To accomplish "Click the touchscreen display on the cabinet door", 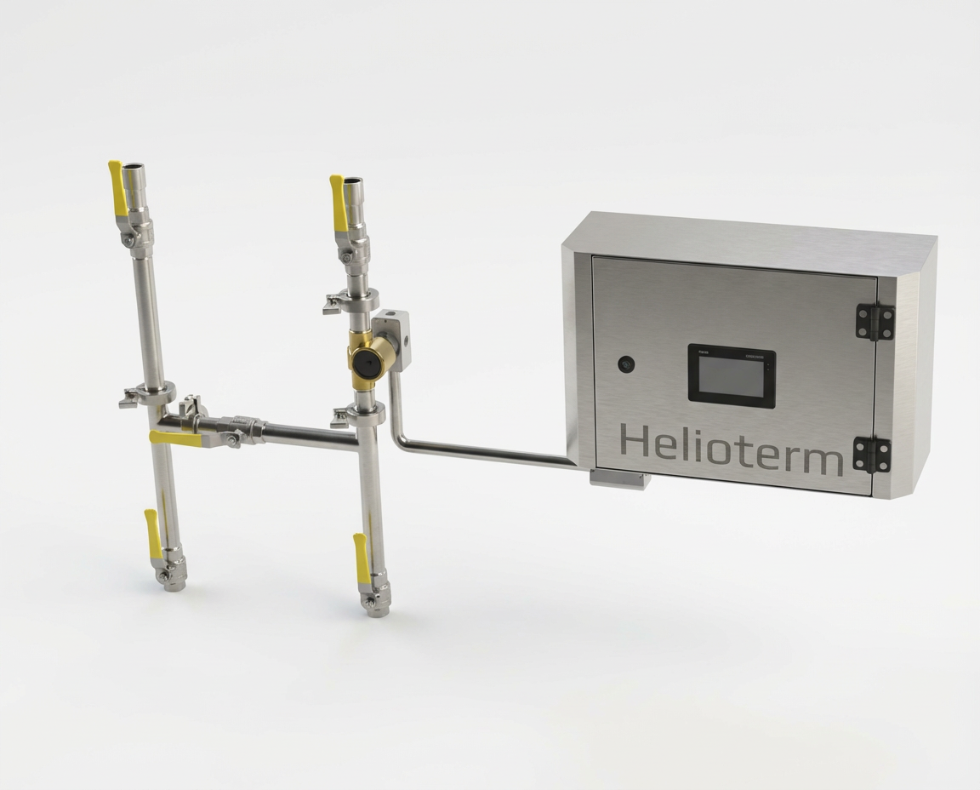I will coord(731,375).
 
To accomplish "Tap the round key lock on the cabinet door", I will coord(626,364).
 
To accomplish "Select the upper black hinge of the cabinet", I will coord(875,323).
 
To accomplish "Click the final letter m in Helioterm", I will coord(820,459).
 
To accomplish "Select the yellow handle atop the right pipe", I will coord(339,203).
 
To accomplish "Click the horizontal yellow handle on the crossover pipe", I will coord(175,438).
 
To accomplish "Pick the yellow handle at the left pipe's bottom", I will coord(153,535).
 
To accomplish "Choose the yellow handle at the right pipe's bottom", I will coord(362,558).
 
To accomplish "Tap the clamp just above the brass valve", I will coord(355,301).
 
